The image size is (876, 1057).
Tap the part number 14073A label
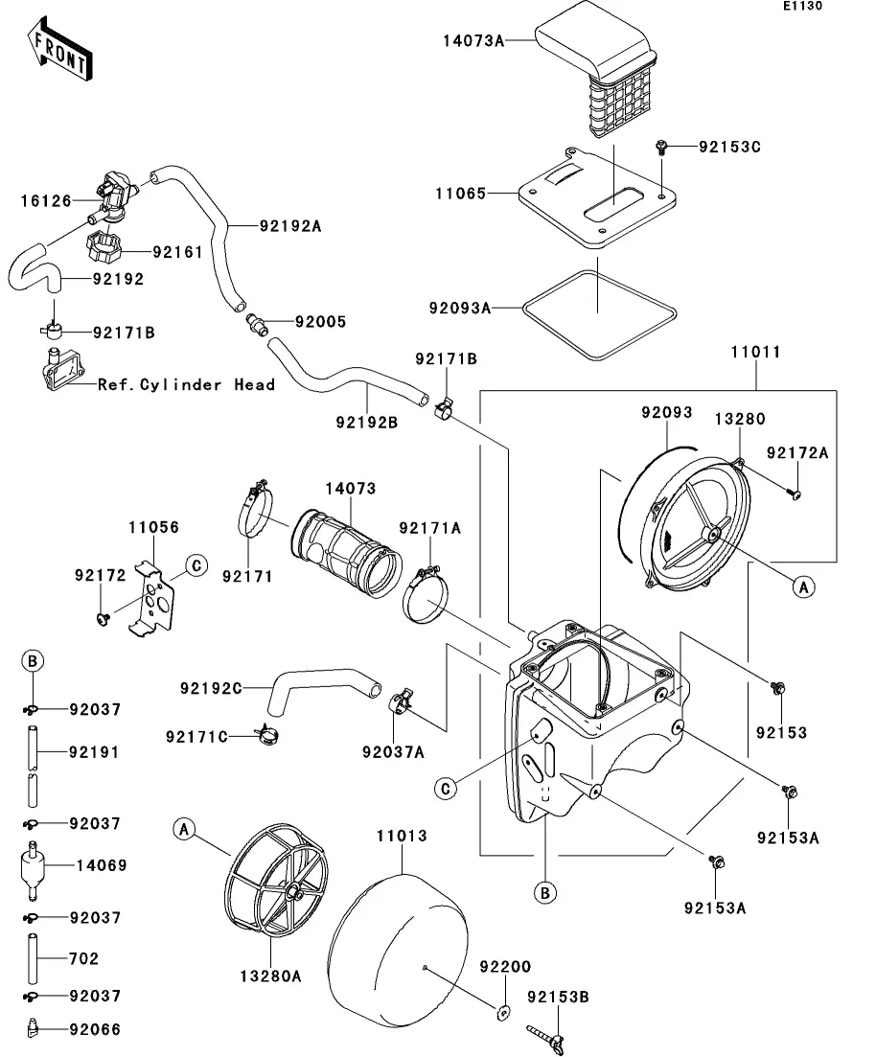pos(473,41)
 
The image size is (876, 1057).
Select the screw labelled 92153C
pos(661,147)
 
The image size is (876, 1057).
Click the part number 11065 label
pos(461,194)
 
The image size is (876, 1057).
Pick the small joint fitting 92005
pos(256,323)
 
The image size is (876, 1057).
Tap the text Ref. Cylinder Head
pos(186,385)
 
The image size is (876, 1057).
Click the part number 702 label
pos(83,958)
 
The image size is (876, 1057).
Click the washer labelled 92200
pos(502,1012)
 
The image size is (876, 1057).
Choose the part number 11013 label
pos(402,836)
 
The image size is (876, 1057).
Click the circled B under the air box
pos(545,893)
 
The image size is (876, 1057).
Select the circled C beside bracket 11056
pos(196,565)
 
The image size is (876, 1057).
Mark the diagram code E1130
pos(802,6)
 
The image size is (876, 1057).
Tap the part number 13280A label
pos(270,977)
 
